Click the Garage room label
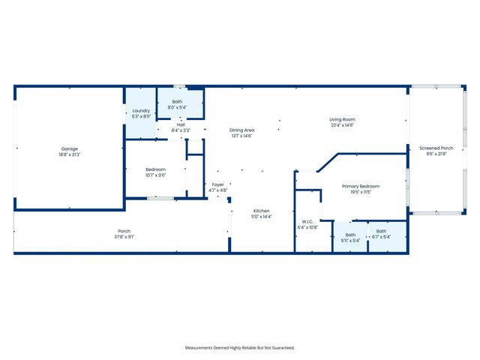coord(69,148)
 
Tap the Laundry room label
coord(140,111)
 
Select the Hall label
coord(181,125)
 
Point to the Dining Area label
coord(241,130)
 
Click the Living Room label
coord(342,119)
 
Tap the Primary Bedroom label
coord(361,186)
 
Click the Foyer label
coord(217,184)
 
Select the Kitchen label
coord(261,211)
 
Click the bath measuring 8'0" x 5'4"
coord(177,101)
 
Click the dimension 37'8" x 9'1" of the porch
coord(124,236)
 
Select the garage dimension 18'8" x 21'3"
coord(69,154)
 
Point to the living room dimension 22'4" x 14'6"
coord(342,125)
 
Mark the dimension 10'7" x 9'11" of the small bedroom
coord(155,175)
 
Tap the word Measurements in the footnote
coord(200,348)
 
